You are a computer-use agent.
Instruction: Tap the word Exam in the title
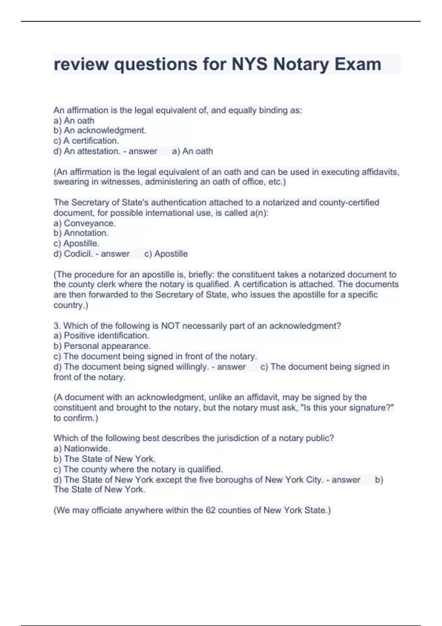pyautogui.click(x=358, y=64)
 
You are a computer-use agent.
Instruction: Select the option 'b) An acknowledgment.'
pyautogui.click(x=100, y=130)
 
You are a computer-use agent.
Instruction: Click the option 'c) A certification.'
pyautogui.click(x=86, y=141)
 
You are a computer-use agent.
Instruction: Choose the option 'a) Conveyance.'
pyautogui.click(x=85, y=223)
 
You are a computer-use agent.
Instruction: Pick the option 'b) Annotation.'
pyautogui.click(x=81, y=233)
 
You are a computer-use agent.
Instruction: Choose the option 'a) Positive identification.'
pyautogui.click(x=101, y=335)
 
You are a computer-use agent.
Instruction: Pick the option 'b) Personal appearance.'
pyautogui.click(x=102, y=346)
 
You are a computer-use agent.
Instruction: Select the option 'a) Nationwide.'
pyautogui.click(x=82, y=449)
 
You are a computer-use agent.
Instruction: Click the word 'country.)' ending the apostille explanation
pyautogui.click(x=71, y=305)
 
